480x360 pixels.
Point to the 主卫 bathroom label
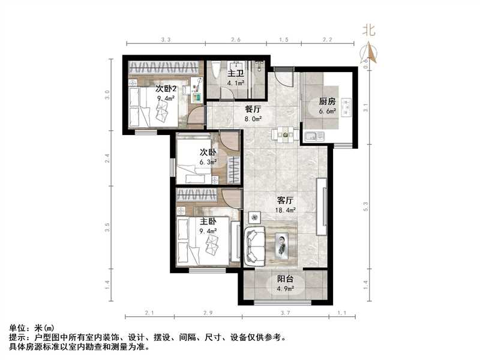(235, 74)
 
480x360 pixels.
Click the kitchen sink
(312, 136)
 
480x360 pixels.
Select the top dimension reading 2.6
(235, 39)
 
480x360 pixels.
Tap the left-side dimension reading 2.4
(107, 160)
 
